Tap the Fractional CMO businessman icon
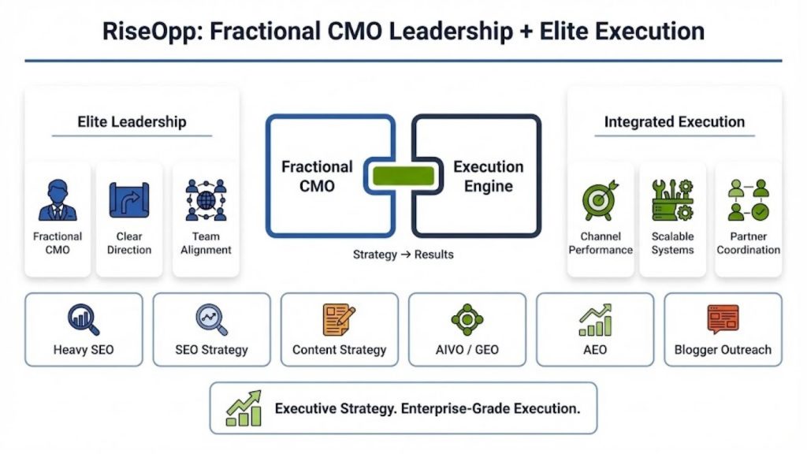pos(58,200)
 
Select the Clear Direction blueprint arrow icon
pos(128,200)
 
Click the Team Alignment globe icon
pos(206,200)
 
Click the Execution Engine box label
pos(488,177)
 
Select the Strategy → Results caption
pos(403,255)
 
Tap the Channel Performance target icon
pos(601,201)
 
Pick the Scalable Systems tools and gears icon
pos(672,200)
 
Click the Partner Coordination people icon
pos(748,201)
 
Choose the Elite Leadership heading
pos(132,121)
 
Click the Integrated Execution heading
pos(674,121)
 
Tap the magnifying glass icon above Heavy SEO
pos(84,319)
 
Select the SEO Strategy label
pos(211,349)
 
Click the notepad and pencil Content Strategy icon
pos(339,319)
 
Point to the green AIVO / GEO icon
pos(467,319)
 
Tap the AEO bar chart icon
pos(595,319)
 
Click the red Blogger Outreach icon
pos(723,319)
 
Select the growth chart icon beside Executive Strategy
pos(244,408)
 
